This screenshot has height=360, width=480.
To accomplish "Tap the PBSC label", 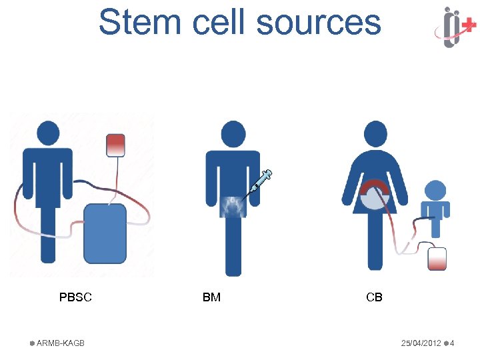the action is click(x=75, y=297).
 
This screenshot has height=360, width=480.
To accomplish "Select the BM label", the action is click(x=211, y=297).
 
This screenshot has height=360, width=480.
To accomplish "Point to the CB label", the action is click(x=374, y=297).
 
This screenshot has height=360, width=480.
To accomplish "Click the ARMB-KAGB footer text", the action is click(x=60, y=343).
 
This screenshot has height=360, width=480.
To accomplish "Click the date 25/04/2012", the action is click(x=421, y=343).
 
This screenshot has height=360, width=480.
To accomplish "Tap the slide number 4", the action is click(x=452, y=343).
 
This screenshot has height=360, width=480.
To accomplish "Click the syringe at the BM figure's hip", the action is click(x=259, y=185).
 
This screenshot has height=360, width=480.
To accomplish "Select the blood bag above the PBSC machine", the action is click(x=115, y=145).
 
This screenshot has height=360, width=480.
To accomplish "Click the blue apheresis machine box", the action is click(x=105, y=233).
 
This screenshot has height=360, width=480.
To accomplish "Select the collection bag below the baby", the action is click(x=436, y=259).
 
